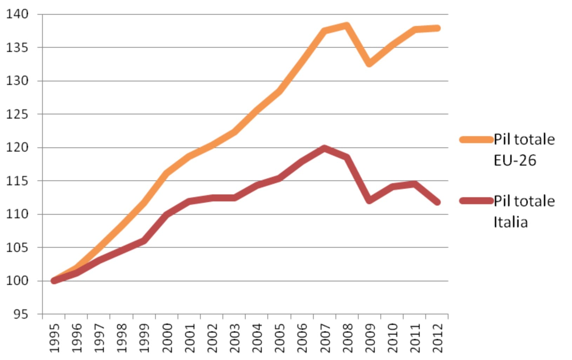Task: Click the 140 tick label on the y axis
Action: (x=17, y=14)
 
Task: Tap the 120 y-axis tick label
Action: (x=17, y=147)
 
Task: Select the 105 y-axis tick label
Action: (x=17, y=247)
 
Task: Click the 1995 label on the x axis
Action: (x=55, y=338)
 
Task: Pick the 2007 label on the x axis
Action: (x=325, y=338)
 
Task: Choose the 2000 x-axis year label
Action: (x=167, y=338)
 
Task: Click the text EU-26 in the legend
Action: (x=515, y=160)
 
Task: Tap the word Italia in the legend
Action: (x=511, y=222)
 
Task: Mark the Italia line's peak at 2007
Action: (x=324, y=148)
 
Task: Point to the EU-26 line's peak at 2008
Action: (x=347, y=26)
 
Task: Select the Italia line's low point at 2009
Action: (x=369, y=200)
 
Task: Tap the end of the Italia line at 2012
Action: (x=437, y=202)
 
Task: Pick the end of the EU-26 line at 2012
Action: (x=437, y=28)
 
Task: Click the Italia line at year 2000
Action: (x=167, y=214)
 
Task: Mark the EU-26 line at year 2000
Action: (x=167, y=173)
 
